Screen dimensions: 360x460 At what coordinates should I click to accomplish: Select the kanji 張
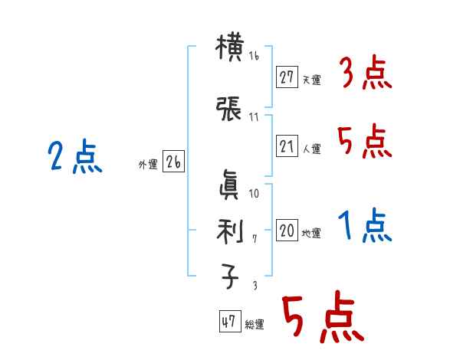click(x=229, y=110)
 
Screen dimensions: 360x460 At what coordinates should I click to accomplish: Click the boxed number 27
click(x=287, y=77)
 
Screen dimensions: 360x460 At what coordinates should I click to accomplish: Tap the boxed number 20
click(x=287, y=231)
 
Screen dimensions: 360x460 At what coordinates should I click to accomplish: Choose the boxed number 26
click(x=173, y=162)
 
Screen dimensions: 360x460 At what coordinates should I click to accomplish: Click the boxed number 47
click(x=229, y=322)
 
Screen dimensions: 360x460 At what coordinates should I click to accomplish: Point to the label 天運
click(x=311, y=80)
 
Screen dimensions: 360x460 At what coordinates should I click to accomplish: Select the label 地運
click(x=311, y=233)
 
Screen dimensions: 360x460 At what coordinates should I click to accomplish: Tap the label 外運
click(x=148, y=165)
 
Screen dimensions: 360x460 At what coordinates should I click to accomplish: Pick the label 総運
click(x=255, y=325)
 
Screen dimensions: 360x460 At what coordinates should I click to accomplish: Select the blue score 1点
click(x=365, y=227)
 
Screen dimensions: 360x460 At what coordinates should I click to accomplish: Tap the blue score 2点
click(x=74, y=158)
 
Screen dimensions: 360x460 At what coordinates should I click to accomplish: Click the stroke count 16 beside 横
click(x=255, y=57)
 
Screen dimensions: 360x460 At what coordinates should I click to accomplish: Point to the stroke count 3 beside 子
click(x=254, y=285)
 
